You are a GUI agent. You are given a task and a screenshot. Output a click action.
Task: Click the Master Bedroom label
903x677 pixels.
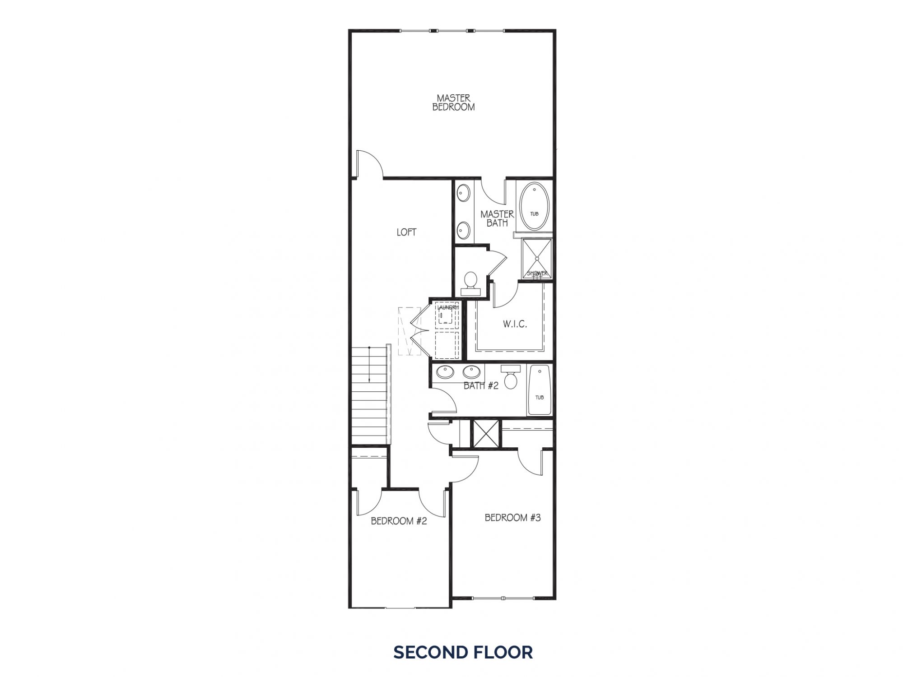tap(453, 102)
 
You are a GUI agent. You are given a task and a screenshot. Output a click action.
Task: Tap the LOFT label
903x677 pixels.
tap(406, 232)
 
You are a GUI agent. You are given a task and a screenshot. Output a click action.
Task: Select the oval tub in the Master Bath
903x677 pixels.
tap(535, 206)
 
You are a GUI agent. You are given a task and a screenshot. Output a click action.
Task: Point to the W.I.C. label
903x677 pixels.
tap(515, 324)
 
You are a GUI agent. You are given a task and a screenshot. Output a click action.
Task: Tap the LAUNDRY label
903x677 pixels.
tap(447, 307)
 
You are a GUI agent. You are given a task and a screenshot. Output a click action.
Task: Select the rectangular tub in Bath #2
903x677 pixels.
tap(539, 390)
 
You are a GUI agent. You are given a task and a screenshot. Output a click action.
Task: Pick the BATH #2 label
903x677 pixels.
tap(481, 385)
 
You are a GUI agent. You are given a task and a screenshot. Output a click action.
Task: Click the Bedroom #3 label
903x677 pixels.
tap(512, 518)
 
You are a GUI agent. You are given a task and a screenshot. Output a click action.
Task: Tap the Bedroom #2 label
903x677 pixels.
tap(399, 521)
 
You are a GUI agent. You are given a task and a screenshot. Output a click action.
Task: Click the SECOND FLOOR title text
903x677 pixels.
tap(463, 652)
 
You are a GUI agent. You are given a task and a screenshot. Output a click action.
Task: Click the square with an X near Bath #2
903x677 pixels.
tap(485, 433)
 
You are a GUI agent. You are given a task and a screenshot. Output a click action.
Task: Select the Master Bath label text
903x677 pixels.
tap(497, 218)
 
